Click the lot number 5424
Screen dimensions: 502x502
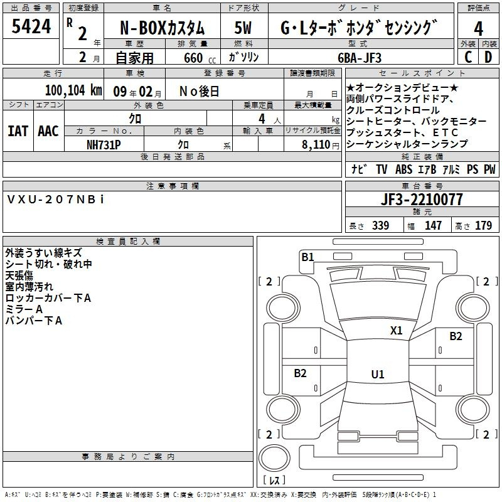click(x=31, y=26)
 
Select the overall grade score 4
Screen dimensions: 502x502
click(x=478, y=28)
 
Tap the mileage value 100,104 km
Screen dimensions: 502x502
click(x=73, y=90)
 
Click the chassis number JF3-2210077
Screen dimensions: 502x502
click(x=422, y=200)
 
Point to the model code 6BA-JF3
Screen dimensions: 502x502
click(x=360, y=58)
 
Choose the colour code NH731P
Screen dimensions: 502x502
click(x=104, y=145)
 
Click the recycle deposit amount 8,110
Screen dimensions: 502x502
click(x=316, y=145)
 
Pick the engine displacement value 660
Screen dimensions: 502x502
click(x=193, y=58)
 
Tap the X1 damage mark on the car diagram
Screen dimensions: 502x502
click(x=396, y=330)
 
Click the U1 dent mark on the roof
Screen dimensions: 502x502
click(x=378, y=374)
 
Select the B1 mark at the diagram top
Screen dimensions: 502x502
click(x=307, y=257)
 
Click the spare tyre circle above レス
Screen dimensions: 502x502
click(x=274, y=458)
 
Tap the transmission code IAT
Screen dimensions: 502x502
click(x=18, y=131)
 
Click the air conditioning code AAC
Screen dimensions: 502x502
click(x=48, y=131)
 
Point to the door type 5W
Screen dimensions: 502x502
click(x=243, y=28)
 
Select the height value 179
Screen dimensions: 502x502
click(x=483, y=225)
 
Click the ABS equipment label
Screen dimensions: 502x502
click(x=403, y=169)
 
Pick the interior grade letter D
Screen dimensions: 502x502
click(x=488, y=57)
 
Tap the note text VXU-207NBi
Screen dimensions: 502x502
click(x=55, y=200)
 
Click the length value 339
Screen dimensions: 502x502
click(x=381, y=225)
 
